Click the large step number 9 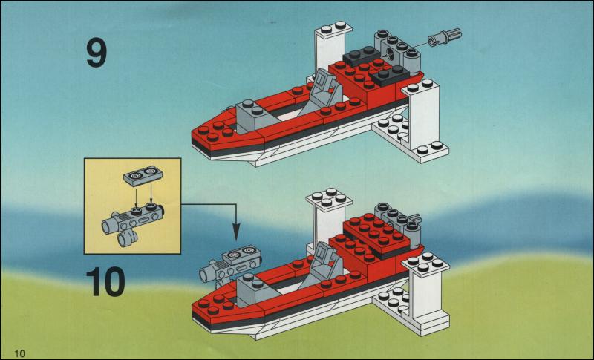click(97, 54)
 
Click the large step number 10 click(105, 281)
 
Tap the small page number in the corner click(20, 353)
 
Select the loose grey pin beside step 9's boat click(444, 36)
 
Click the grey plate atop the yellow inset click(143, 177)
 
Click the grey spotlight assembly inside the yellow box click(133, 223)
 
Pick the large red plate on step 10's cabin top click(376, 232)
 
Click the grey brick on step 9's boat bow click(254, 117)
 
